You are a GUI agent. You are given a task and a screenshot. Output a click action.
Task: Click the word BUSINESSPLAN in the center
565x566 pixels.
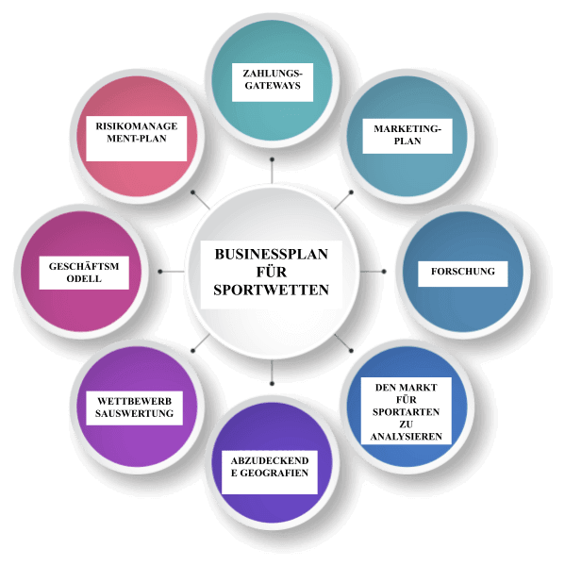click(x=271, y=254)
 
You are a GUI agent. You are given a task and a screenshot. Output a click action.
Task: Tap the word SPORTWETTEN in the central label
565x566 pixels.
click(x=271, y=290)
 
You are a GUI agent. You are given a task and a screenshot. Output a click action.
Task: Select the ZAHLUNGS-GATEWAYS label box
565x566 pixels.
click(x=273, y=82)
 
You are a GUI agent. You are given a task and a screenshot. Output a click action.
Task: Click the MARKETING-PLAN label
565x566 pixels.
click(x=407, y=136)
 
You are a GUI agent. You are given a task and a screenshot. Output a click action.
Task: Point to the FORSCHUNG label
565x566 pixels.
click(x=463, y=274)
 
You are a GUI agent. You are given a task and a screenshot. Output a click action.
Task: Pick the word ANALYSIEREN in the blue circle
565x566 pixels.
click(x=407, y=437)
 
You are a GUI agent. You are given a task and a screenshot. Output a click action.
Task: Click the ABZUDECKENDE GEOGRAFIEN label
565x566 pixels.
click(x=270, y=473)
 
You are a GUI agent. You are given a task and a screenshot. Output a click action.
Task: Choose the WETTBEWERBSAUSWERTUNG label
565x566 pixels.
click(x=134, y=408)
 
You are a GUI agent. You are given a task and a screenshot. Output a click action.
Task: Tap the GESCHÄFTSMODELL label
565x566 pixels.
click(x=84, y=273)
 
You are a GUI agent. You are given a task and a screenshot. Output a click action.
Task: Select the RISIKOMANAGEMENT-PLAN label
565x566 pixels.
click(x=137, y=139)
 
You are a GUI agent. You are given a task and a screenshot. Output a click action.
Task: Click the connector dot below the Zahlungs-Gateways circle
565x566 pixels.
click(x=272, y=159)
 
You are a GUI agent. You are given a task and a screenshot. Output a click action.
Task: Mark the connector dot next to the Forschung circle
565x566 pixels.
click(x=384, y=271)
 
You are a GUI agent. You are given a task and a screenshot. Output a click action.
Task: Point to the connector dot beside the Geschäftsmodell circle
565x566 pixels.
click(x=160, y=271)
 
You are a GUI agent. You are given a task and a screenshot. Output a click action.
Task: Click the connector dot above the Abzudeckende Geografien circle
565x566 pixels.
click(x=272, y=383)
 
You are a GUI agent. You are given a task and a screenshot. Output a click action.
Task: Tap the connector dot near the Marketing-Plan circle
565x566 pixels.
click(x=351, y=192)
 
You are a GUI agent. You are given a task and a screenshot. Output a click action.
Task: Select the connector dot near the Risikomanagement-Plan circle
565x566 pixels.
click(x=192, y=192)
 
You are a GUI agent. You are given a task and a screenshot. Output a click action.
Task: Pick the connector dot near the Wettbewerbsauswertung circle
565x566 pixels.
click(x=192, y=351)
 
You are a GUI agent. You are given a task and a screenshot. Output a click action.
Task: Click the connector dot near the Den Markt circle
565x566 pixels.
click(x=351, y=351)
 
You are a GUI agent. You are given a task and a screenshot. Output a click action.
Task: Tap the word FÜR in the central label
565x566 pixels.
click(x=272, y=272)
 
